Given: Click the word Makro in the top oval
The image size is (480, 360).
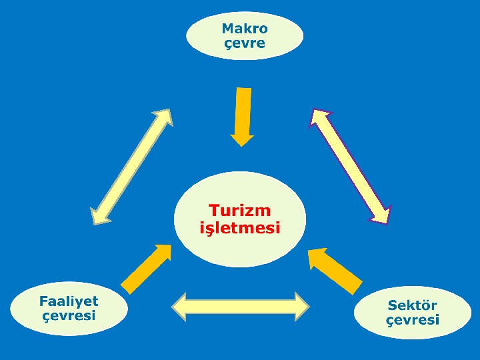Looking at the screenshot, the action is point(245,29).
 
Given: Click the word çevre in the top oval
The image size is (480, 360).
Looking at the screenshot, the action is point(245,44).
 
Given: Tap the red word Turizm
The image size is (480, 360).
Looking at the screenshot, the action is point(239,211).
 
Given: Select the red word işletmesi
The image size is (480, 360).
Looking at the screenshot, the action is point(240,228).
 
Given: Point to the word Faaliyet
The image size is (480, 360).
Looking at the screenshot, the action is point(69,301).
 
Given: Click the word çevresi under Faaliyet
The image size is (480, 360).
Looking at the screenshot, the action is point(69,315).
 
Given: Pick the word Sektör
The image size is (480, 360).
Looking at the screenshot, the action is point(413,305).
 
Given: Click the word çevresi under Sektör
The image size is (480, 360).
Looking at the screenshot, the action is point(413,320).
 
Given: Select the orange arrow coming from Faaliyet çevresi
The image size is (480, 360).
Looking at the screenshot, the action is point(145,269).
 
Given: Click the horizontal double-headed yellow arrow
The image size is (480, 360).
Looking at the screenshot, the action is point(241,306).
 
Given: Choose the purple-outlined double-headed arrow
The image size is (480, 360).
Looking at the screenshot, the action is point(350,165).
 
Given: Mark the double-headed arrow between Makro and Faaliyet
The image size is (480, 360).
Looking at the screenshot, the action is point(132,166).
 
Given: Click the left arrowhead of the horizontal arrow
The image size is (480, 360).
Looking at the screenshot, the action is point(180,306).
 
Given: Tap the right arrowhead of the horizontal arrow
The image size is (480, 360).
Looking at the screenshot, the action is point(301,306).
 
